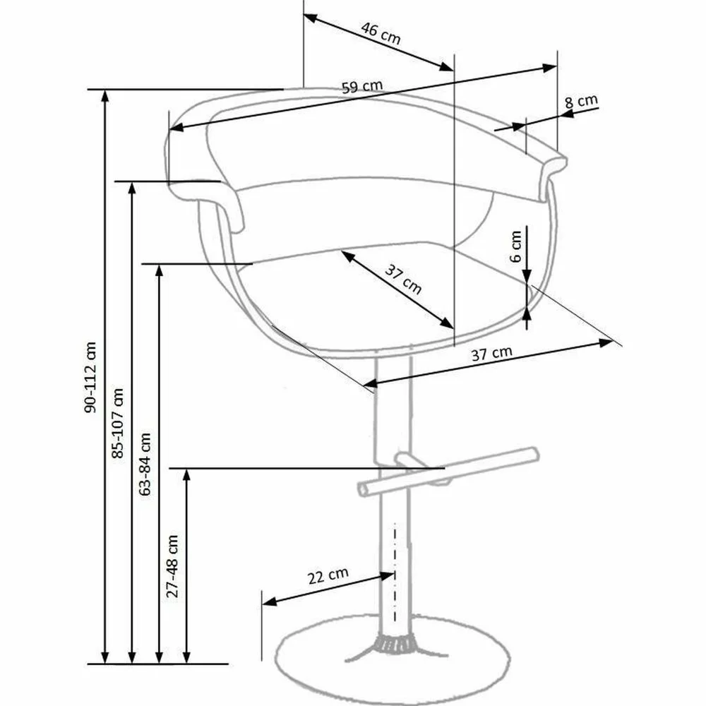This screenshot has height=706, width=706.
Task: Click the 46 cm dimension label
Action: [381, 34]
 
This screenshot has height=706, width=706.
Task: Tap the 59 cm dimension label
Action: [362, 86]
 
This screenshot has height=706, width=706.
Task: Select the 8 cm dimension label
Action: [581, 102]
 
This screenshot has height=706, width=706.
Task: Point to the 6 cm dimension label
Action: [516, 246]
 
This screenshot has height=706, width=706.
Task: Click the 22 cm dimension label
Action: [328, 575]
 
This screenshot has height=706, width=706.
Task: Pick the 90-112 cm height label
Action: [90, 377]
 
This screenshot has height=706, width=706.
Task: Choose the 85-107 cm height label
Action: [117, 423]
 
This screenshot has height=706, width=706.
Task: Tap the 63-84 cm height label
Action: [145, 465]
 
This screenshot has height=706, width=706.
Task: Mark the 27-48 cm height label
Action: [172, 566]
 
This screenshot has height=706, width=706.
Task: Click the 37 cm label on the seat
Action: [403, 280]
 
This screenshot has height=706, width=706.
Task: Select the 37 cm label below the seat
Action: [491, 354]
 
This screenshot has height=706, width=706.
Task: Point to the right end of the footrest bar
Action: [534, 454]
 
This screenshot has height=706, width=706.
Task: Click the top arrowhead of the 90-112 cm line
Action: [104, 95]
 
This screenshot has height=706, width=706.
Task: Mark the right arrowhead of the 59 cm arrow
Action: [550, 68]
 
